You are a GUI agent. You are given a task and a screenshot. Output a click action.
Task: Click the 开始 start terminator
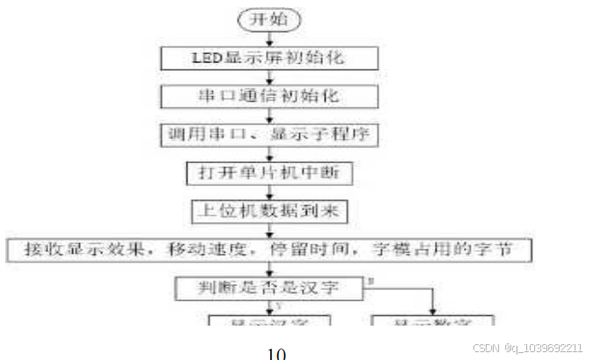pyautogui.click(x=269, y=18)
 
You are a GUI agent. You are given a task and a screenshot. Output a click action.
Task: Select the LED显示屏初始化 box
pyautogui.click(x=270, y=58)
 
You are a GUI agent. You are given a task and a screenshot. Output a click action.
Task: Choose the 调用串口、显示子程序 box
pyautogui.click(x=270, y=134)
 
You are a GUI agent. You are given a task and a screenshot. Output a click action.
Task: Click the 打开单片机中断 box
pyautogui.click(x=270, y=173)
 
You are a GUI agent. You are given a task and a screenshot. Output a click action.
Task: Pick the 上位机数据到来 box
pyautogui.click(x=270, y=210)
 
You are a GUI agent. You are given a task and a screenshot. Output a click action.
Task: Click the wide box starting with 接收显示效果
pyautogui.click(x=269, y=249)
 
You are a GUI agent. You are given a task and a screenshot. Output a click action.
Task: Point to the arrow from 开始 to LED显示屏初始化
pyautogui.click(x=270, y=38)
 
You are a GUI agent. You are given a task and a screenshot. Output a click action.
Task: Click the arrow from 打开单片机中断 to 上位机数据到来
pyautogui.click(x=270, y=192)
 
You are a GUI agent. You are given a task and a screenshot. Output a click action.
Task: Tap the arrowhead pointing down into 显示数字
pyautogui.click(x=434, y=309)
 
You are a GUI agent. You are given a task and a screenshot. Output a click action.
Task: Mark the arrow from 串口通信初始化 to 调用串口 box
pyautogui.click(x=270, y=114)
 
